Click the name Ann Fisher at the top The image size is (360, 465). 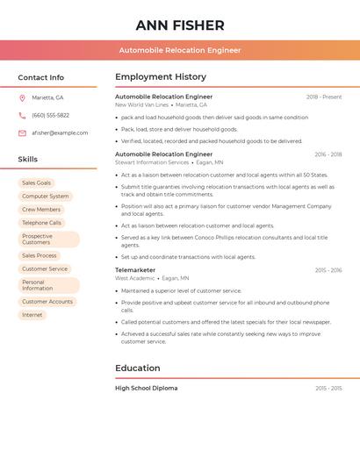coord(180,25)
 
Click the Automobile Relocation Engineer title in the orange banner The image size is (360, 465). coord(180,51)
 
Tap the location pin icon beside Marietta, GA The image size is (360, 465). coord(22,97)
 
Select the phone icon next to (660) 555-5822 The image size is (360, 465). coord(22,115)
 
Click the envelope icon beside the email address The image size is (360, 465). coord(22,132)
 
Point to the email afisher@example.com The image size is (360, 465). coord(60,132)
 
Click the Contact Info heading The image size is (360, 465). coord(40,77)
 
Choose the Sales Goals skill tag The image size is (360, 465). coord(37,182)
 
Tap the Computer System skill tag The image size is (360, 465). coord(46,197)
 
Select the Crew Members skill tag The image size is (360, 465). coord(41,210)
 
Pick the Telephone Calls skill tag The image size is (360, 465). coord(42,223)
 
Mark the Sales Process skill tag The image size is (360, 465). coord(40,255)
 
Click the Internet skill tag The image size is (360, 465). coord(32,315)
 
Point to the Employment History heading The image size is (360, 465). coord(161,77)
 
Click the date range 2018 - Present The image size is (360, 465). coord(324,97)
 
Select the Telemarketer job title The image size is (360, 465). coord(135,270)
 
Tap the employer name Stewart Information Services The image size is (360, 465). coord(152,162)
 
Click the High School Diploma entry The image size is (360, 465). coord(147,388)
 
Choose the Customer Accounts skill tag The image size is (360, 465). coord(47,302)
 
